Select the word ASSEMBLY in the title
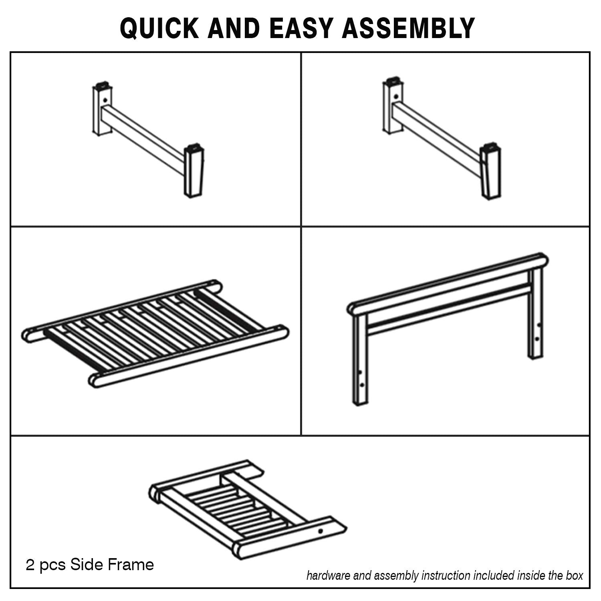pyautogui.click(x=408, y=28)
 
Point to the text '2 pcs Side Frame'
pyautogui.click(x=90, y=565)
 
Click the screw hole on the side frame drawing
pyautogui.click(x=320, y=531)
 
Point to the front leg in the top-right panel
pyautogui.click(x=490, y=171)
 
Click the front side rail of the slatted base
pyautogui.click(x=188, y=357)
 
